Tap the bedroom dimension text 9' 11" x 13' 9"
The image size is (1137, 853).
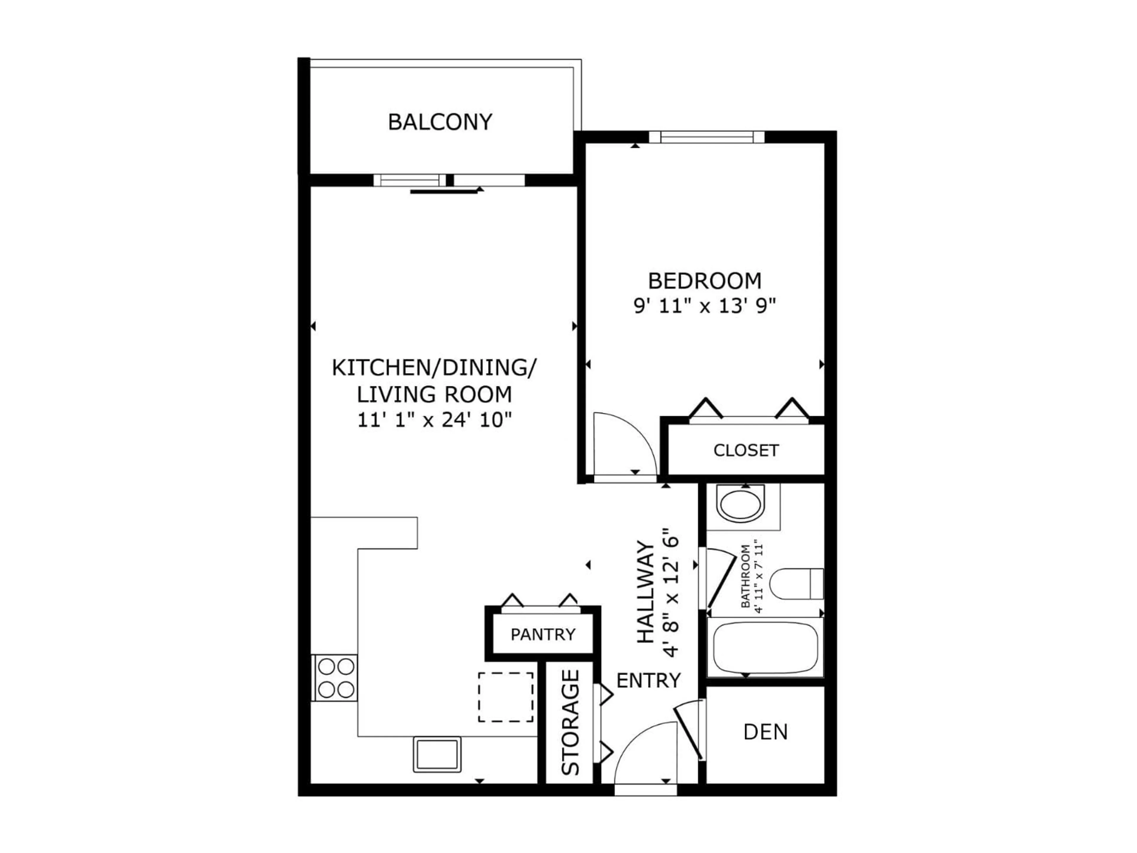click(x=704, y=307)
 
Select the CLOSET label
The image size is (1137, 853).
click(x=746, y=450)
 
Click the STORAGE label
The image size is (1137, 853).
click(x=571, y=722)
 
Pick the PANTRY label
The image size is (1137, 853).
click(x=543, y=634)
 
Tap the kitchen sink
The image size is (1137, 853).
click(x=437, y=754)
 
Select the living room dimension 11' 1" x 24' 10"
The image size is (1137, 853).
click(x=435, y=421)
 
